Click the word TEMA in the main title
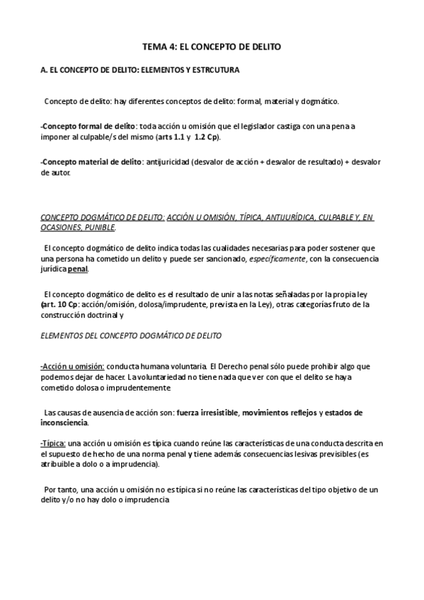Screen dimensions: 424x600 (x=155, y=47)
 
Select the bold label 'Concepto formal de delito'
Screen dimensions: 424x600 (x=81, y=126)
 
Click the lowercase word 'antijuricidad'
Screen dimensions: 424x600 (x=167, y=162)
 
